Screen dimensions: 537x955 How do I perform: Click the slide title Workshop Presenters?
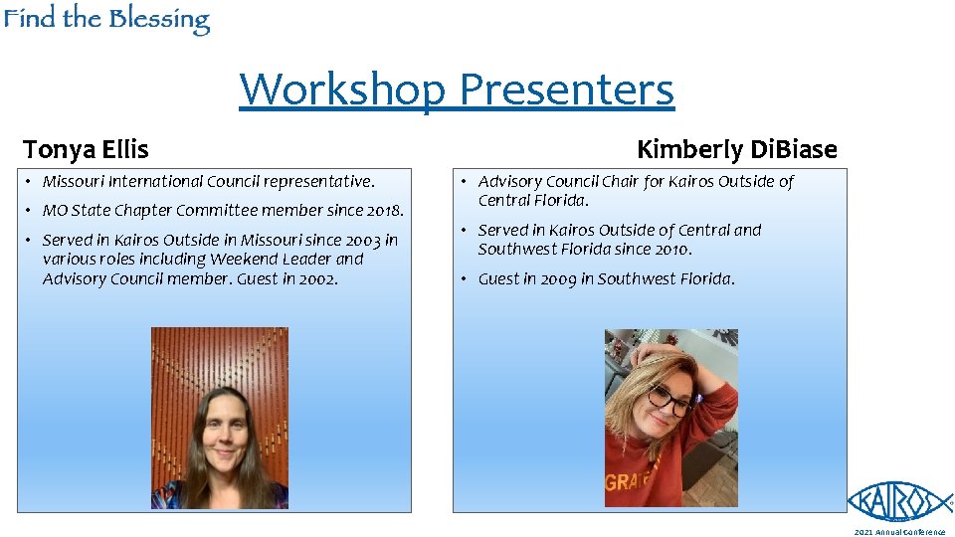[457, 89]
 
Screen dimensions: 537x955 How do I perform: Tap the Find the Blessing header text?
[105, 20]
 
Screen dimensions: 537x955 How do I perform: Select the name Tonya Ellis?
[86, 150]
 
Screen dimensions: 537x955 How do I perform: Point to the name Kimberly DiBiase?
[736, 150]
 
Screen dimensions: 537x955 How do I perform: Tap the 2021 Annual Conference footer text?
[899, 532]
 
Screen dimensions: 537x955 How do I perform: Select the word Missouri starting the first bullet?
[74, 182]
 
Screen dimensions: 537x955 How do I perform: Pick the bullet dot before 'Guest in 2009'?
[463, 279]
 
